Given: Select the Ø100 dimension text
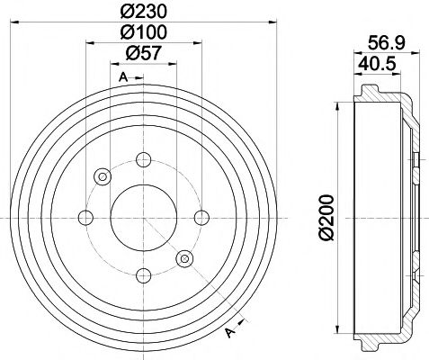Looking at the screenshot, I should click(x=142, y=31).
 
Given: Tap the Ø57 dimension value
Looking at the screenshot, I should click(x=142, y=54).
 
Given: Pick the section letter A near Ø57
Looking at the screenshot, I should click(x=122, y=76).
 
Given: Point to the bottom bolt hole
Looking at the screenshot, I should click(x=142, y=274).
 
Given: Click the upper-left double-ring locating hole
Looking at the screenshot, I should click(x=102, y=175).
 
